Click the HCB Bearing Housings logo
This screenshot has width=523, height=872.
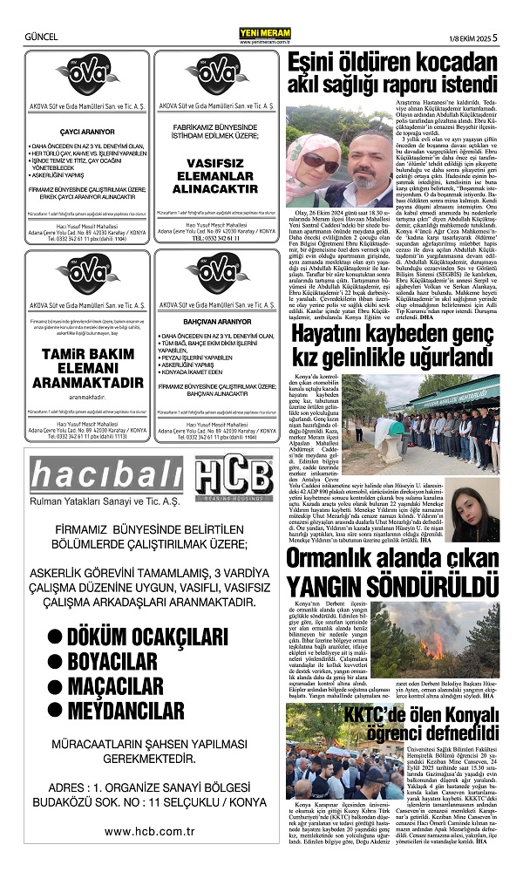[x=233, y=480]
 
